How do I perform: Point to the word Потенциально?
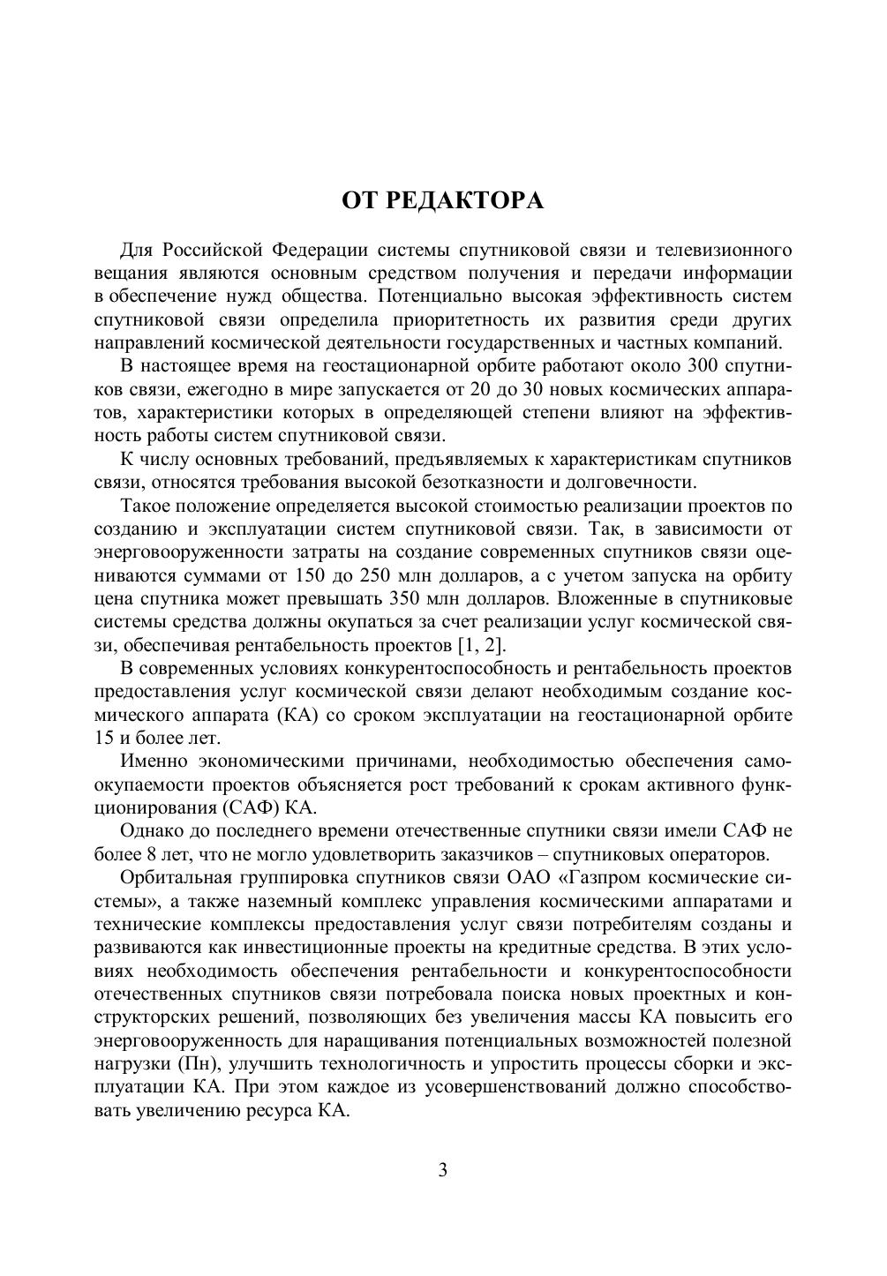coord(441,296)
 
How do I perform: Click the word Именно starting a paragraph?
coord(154,761)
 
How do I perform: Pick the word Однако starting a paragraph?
coord(154,830)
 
